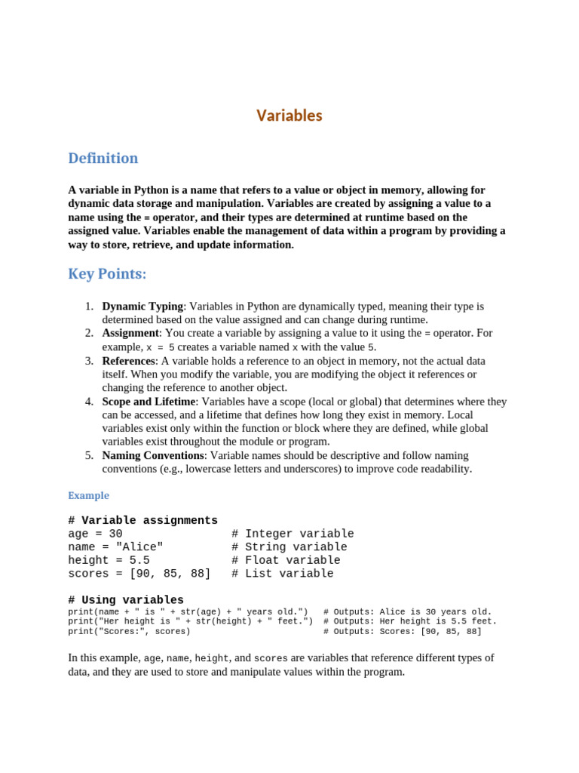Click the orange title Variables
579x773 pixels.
point(289,115)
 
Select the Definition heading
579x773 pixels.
point(103,159)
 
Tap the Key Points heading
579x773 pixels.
point(107,274)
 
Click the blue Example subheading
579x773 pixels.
point(88,496)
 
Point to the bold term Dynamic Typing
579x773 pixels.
point(142,306)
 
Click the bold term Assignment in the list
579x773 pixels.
point(130,333)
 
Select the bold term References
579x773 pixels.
point(128,361)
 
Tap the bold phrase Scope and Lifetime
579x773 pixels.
point(149,402)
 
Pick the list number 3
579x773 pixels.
point(88,361)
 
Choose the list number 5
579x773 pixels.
point(88,456)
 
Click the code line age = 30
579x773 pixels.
point(95,534)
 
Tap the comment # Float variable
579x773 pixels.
point(286,561)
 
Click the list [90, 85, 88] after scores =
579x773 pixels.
point(170,574)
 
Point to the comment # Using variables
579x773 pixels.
point(125,600)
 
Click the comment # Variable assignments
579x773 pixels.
point(142,521)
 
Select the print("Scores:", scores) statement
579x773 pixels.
point(129,631)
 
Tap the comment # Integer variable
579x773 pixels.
point(293,534)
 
